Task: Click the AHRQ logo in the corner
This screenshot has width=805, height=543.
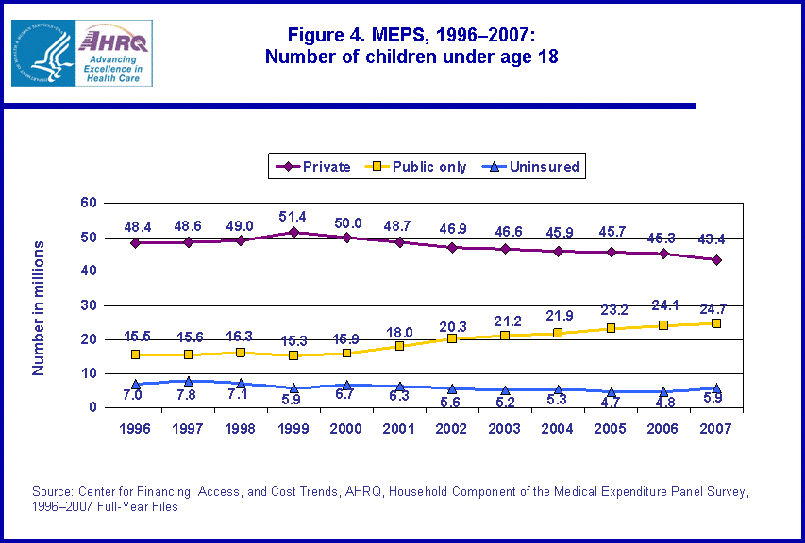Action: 81,53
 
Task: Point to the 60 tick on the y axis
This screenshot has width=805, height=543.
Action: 89,203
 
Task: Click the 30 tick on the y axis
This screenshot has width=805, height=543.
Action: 89,305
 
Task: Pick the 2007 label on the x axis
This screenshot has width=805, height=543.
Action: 716,427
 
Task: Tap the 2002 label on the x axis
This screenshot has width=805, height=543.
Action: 452,427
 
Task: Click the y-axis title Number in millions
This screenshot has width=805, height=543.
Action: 39,307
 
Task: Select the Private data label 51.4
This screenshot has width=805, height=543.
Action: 294,217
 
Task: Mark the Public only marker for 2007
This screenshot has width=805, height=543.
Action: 716,323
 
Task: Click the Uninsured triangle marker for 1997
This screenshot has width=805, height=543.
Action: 188,381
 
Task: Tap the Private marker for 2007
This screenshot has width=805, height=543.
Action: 716,259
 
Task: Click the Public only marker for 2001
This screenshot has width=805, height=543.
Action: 399,346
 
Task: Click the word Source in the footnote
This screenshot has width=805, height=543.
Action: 53,492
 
